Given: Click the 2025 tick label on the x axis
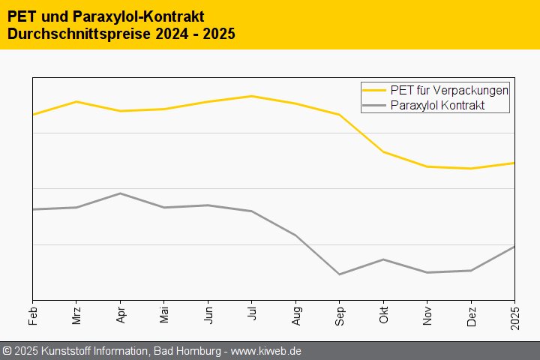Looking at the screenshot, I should [514, 313].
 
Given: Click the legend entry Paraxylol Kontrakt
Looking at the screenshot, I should [438, 106].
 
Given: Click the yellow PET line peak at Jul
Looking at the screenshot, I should [252, 96].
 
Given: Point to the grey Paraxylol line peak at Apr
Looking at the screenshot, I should [121, 193].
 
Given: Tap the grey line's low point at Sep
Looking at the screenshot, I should [340, 274].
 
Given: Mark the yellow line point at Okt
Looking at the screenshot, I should [383, 151].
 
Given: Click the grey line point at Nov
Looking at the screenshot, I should [427, 272].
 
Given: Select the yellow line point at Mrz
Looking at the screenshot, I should [76, 101].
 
